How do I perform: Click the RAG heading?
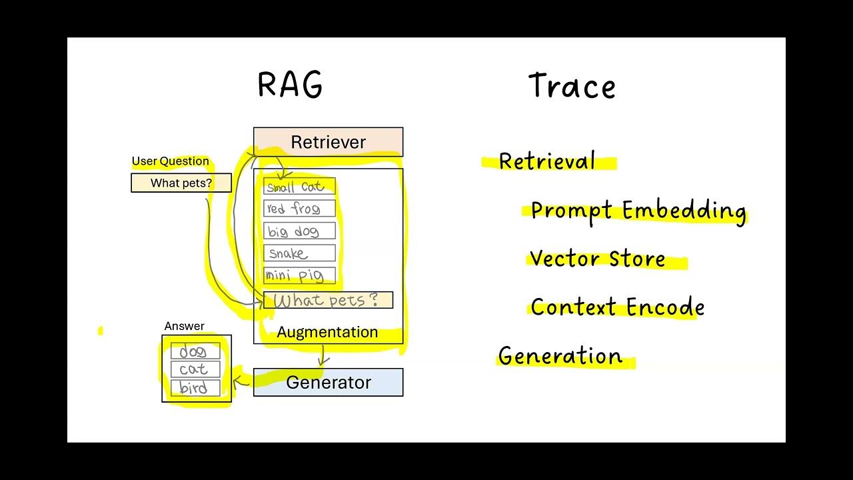point(290,85)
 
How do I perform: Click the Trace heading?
point(572,87)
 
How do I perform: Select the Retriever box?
point(328,142)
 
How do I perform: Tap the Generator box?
point(328,382)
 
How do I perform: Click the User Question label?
point(170,161)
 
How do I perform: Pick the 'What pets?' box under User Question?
point(181,183)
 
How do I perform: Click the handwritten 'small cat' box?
point(299,187)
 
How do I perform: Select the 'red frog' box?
point(299,209)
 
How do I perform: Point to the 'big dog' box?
point(299,231)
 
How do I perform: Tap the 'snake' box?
point(299,253)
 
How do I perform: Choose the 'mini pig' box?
point(299,275)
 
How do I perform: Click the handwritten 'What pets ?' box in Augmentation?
point(327,300)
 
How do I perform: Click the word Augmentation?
point(327,332)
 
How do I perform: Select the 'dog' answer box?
point(195,351)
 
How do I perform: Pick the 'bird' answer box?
point(195,388)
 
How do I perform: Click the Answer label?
point(184,326)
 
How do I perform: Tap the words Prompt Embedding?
point(638,211)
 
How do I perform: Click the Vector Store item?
point(597,259)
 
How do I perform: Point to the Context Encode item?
point(617,307)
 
